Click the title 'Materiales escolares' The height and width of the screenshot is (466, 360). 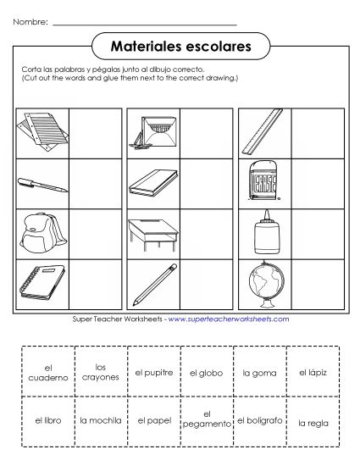pyautogui.click(x=180, y=45)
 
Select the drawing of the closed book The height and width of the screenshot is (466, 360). pyautogui.click(x=152, y=181)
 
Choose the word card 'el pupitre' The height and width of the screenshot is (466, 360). pyautogui.click(x=153, y=373)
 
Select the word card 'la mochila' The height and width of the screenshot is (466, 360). pyautogui.click(x=100, y=420)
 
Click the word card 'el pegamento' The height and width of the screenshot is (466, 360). pyautogui.click(x=207, y=419)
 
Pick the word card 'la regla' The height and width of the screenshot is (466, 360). pyautogui.click(x=313, y=421)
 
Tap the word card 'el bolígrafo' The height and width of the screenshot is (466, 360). pyautogui.click(x=260, y=420)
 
